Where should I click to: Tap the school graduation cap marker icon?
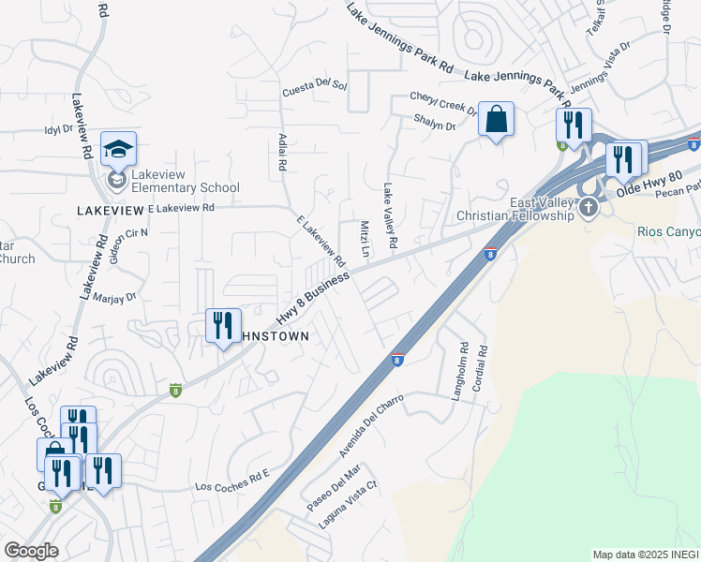(119, 149)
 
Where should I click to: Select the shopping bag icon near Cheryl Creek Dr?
(496, 119)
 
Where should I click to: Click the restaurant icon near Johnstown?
(223, 326)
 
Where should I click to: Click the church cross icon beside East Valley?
(588, 206)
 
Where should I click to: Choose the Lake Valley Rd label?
(387, 215)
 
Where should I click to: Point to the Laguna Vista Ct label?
(347, 505)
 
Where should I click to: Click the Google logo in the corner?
(31, 551)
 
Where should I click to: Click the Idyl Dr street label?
(57, 130)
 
